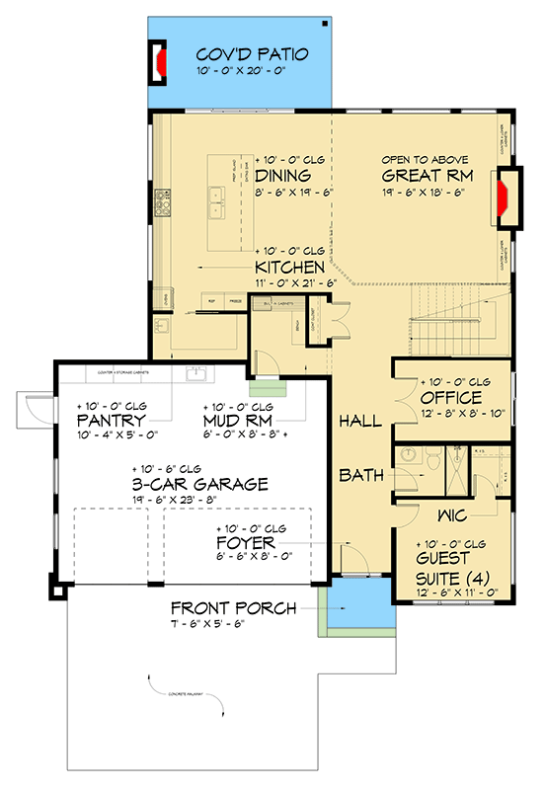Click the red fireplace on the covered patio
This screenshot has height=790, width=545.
(x=159, y=61)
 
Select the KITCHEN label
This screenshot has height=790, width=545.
(x=289, y=268)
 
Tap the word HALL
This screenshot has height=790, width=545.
(x=360, y=422)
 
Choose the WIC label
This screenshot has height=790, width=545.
(x=453, y=516)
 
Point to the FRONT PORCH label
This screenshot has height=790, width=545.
(x=233, y=607)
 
